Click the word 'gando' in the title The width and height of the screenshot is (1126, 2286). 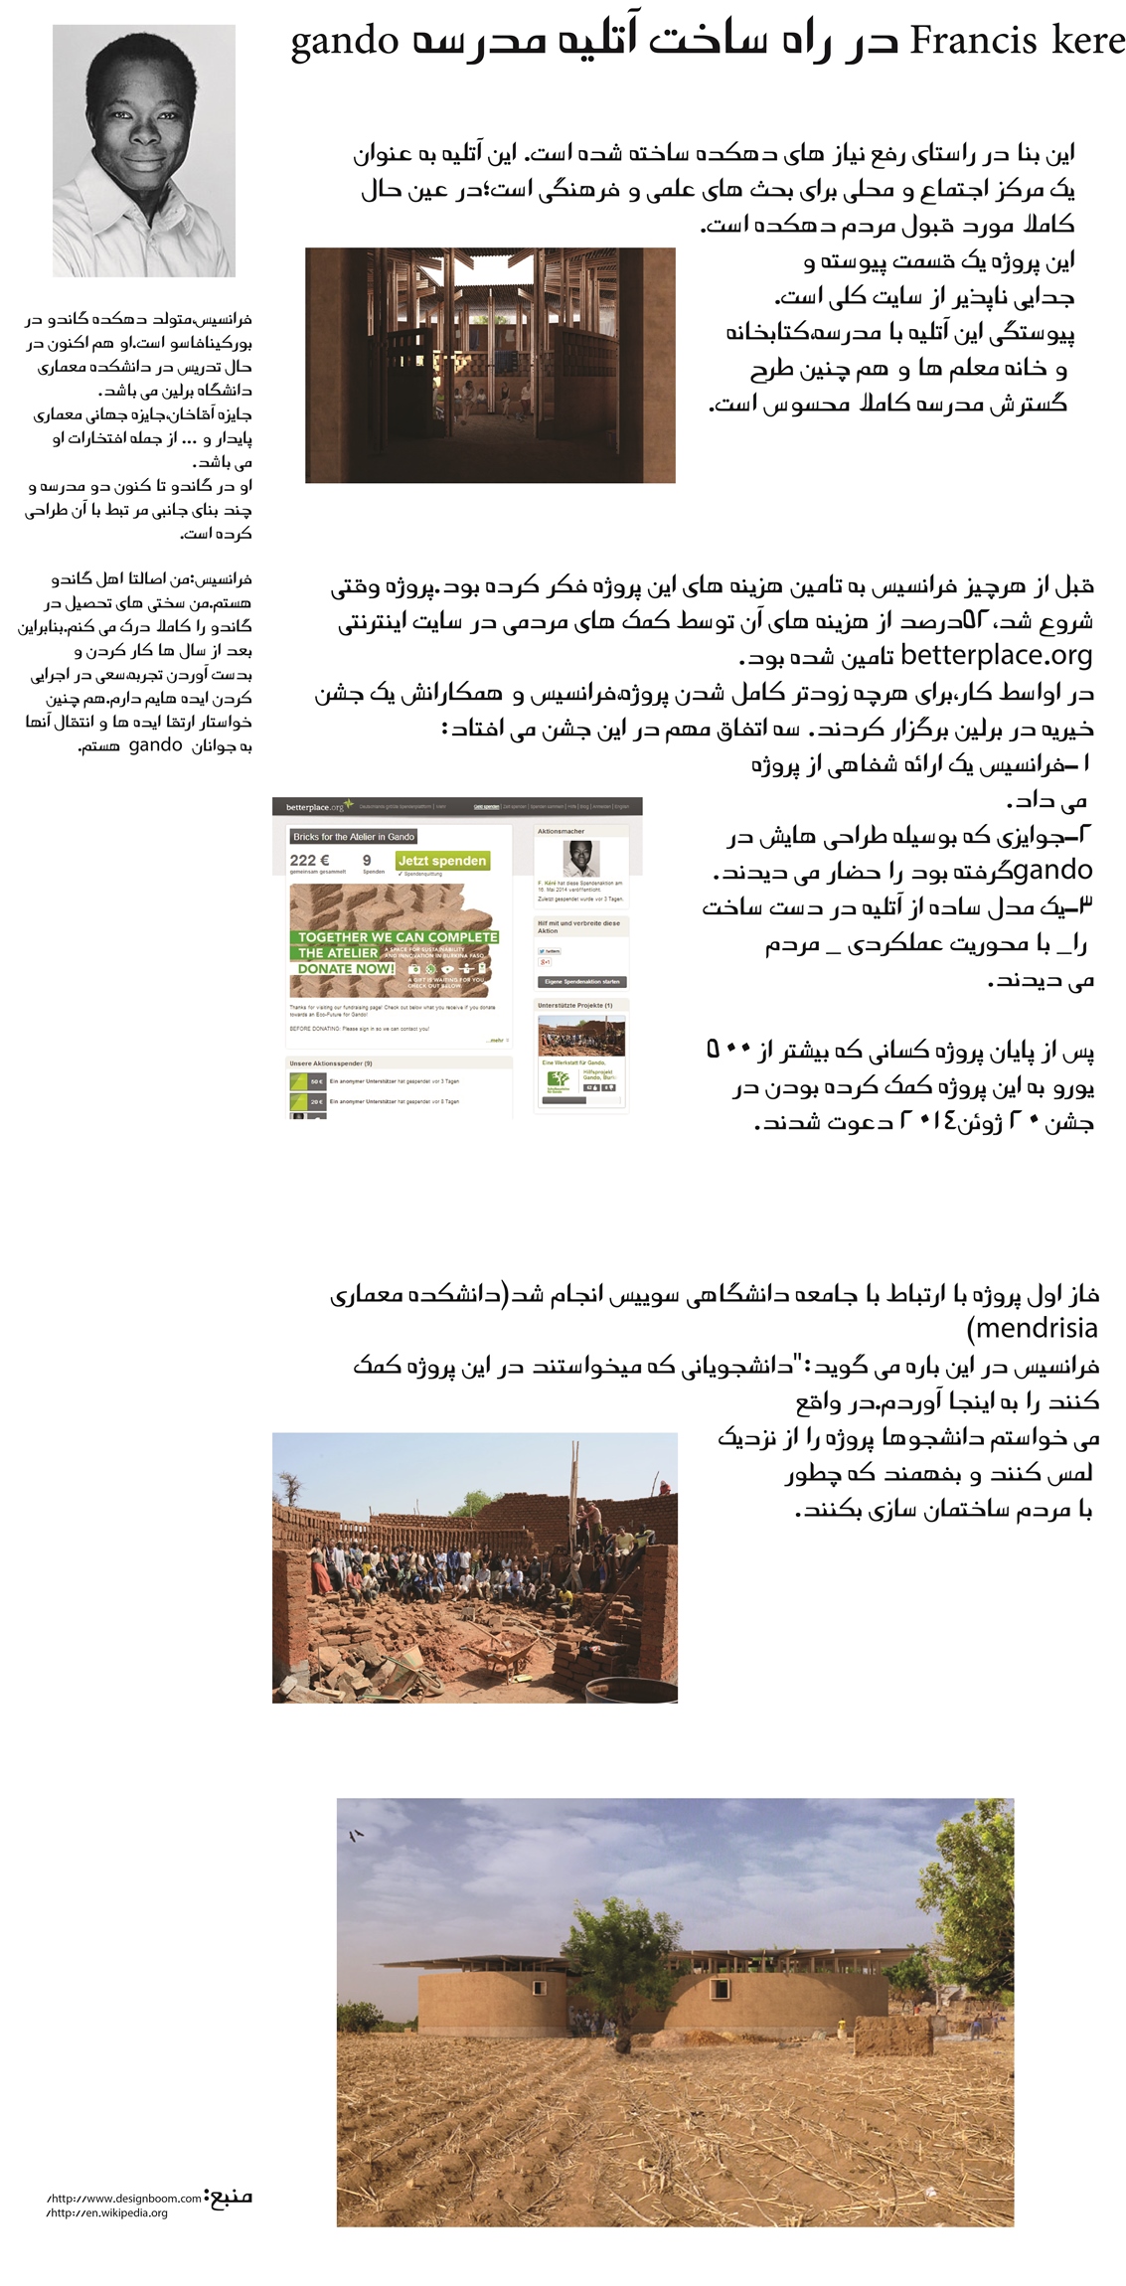point(344,44)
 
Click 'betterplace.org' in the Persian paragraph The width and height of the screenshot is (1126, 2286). point(996,656)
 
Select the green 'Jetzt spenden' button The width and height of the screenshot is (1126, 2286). point(442,861)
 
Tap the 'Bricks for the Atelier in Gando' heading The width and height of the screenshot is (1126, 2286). point(354,837)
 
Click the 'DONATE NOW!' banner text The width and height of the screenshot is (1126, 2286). point(346,968)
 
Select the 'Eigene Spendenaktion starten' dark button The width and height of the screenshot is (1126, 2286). point(581,982)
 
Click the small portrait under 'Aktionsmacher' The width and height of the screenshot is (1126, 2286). point(581,859)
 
